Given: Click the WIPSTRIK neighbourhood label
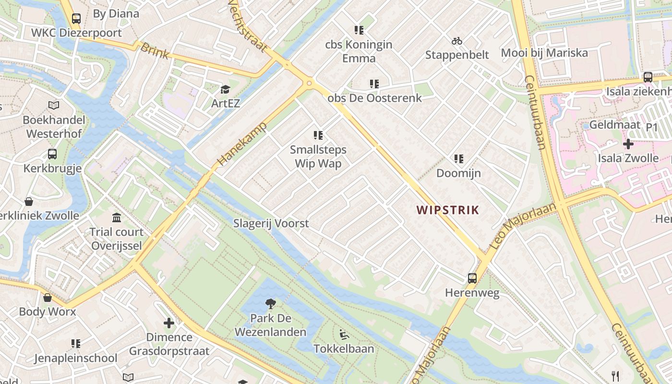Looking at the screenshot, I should pyautogui.click(x=448, y=210).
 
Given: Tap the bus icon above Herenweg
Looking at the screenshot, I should pyautogui.click(x=472, y=278).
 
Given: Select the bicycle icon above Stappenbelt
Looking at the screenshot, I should pyautogui.click(x=457, y=41).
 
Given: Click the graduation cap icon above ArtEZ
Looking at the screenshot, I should pyautogui.click(x=225, y=89).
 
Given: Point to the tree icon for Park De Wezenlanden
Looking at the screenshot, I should pyautogui.click(x=271, y=303).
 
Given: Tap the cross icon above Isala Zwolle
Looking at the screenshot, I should pyautogui.click(x=628, y=144).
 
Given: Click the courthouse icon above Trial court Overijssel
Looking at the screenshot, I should pyautogui.click(x=117, y=217).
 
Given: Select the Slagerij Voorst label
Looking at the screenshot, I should pyautogui.click(x=271, y=223).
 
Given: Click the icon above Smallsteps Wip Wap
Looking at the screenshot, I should pyautogui.click(x=318, y=135).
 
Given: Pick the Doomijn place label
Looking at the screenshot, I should pyautogui.click(x=458, y=173).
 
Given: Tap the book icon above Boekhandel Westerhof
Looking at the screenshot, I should pyautogui.click(x=54, y=105).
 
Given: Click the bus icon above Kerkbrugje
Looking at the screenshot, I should pyautogui.click(x=52, y=154).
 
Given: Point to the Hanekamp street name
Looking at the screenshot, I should pyautogui.click(x=242, y=144).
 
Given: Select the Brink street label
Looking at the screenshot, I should pyautogui.click(x=155, y=50).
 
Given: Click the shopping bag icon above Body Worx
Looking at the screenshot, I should pyautogui.click(x=48, y=298).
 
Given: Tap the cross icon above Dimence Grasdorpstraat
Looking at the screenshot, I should pyautogui.click(x=169, y=323).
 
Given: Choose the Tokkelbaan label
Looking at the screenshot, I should pyautogui.click(x=344, y=348).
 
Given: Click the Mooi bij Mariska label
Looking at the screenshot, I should pyautogui.click(x=544, y=53).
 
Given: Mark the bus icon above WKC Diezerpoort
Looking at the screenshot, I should pyautogui.click(x=76, y=19).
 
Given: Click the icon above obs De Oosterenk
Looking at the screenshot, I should pyautogui.click(x=374, y=84).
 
